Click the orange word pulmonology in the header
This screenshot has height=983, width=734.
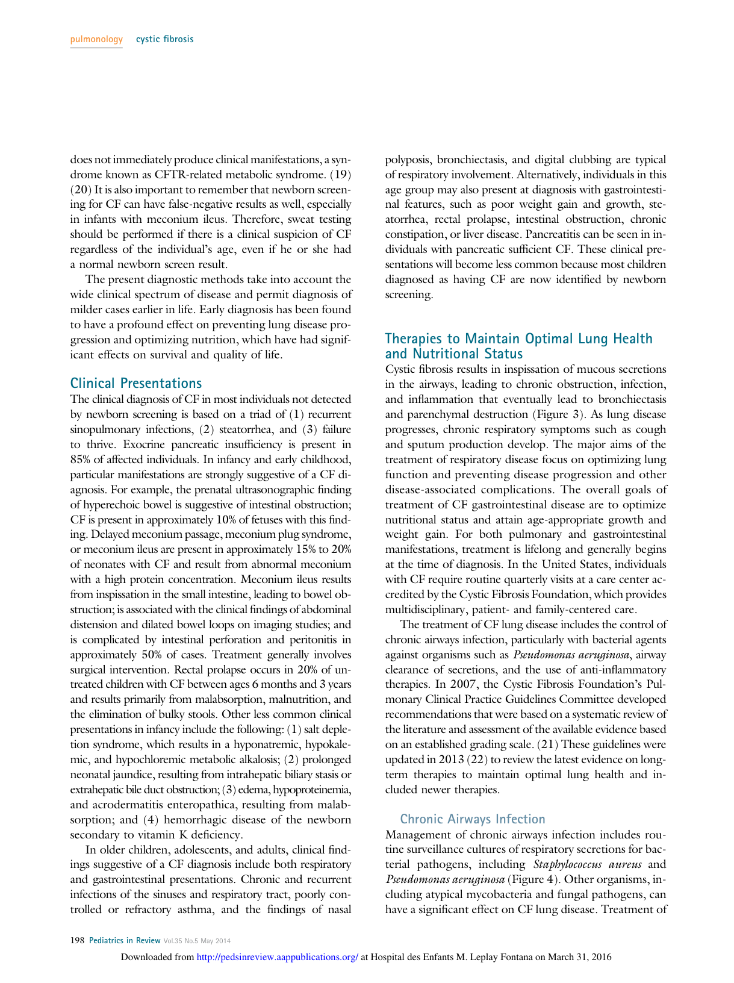[96, 40]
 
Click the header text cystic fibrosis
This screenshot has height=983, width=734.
[164, 40]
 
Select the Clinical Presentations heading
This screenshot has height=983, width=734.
[136, 383]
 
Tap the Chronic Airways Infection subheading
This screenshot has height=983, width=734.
[473, 819]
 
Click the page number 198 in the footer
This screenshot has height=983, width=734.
[77, 941]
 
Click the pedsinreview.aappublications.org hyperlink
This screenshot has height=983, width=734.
[278, 957]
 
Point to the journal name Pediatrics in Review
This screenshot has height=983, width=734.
[125, 941]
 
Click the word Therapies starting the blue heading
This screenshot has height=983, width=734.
[413, 339]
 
